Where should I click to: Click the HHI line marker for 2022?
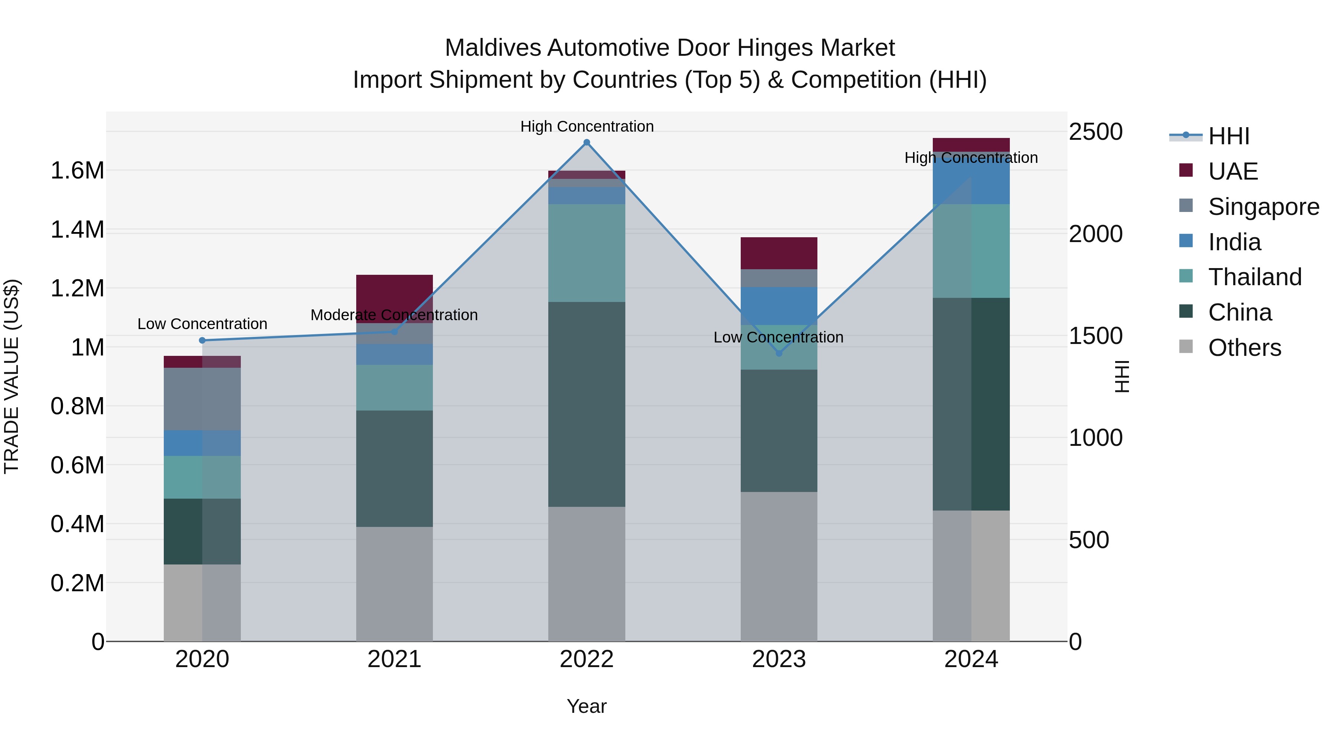pos(587,142)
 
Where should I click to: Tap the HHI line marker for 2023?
pos(779,353)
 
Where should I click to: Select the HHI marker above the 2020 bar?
pos(202,340)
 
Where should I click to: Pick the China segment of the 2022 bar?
pos(587,404)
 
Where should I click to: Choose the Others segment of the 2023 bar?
pos(779,566)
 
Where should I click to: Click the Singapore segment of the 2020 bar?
pos(202,399)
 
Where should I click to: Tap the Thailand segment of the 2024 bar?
pos(971,251)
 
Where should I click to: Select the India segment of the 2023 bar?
pos(779,306)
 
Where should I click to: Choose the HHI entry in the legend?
pos(1228,136)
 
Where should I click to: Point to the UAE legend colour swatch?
pos(1186,170)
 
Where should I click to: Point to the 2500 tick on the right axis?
pos(1095,132)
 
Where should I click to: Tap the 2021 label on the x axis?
pos(394,659)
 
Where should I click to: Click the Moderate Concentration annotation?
pos(394,315)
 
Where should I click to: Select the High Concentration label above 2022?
pos(587,126)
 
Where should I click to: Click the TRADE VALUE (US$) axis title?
pos(12,376)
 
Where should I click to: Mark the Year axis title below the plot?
pos(586,706)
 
